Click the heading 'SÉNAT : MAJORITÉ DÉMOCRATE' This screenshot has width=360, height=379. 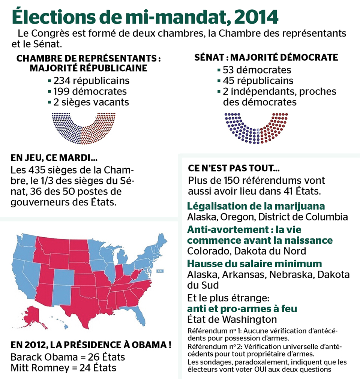[266, 58]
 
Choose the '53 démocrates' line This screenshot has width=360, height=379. [256, 70]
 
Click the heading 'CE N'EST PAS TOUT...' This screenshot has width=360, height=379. [234, 168]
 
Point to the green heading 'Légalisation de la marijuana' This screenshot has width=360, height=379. [256, 206]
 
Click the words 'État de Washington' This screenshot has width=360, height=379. [232, 319]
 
